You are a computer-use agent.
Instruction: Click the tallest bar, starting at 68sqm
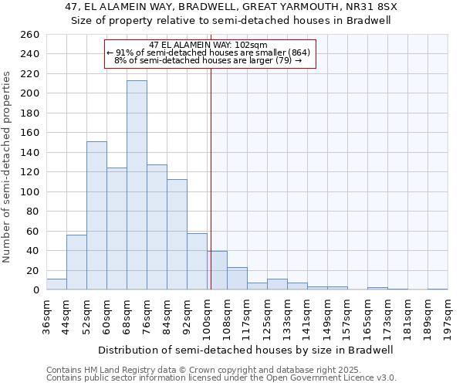click(137, 185)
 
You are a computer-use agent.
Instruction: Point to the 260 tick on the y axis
click(31, 36)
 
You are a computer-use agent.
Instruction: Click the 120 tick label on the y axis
click(31, 171)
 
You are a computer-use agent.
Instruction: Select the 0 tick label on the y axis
click(36, 290)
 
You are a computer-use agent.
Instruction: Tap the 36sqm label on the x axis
click(47, 314)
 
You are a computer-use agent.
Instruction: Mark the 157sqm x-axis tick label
click(348, 317)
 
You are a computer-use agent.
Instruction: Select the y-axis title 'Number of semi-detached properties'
click(8, 167)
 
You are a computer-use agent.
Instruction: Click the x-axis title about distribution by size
click(246, 350)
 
